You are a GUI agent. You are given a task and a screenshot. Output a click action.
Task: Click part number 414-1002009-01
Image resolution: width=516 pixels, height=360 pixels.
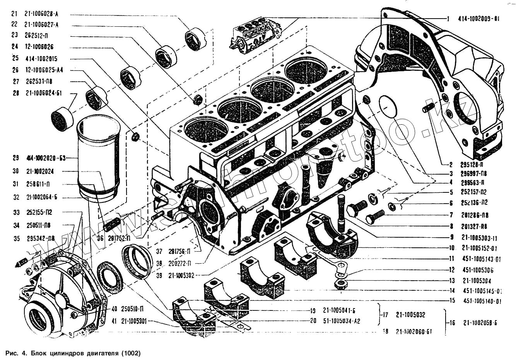[x=479, y=19]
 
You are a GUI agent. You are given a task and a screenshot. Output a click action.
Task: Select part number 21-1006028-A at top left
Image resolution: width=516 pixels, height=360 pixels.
[x=41, y=14]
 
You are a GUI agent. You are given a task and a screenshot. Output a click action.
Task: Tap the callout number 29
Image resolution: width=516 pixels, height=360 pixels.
[x=16, y=158]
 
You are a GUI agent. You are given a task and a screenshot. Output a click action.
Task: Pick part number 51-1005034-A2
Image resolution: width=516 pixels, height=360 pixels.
[x=342, y=321]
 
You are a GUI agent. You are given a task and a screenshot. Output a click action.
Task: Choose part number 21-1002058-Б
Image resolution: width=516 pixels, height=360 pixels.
[x=480, y=323]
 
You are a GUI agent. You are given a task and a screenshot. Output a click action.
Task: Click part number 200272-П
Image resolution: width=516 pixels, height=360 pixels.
[x=179, y=263]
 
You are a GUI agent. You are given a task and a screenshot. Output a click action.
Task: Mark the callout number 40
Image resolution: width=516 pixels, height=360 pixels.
[x=114, y=310]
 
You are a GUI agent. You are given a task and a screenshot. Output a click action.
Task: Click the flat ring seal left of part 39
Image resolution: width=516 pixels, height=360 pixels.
[x=110, y=278]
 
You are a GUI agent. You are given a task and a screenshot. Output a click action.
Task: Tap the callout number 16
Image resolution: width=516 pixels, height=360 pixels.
[x=452, y=323]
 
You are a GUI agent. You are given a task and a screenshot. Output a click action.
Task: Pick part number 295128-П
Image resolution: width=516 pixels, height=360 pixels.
[x=474, y=165]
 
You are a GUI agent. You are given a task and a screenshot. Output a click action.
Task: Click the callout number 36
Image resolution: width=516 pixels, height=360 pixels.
[x=100, y=238]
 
